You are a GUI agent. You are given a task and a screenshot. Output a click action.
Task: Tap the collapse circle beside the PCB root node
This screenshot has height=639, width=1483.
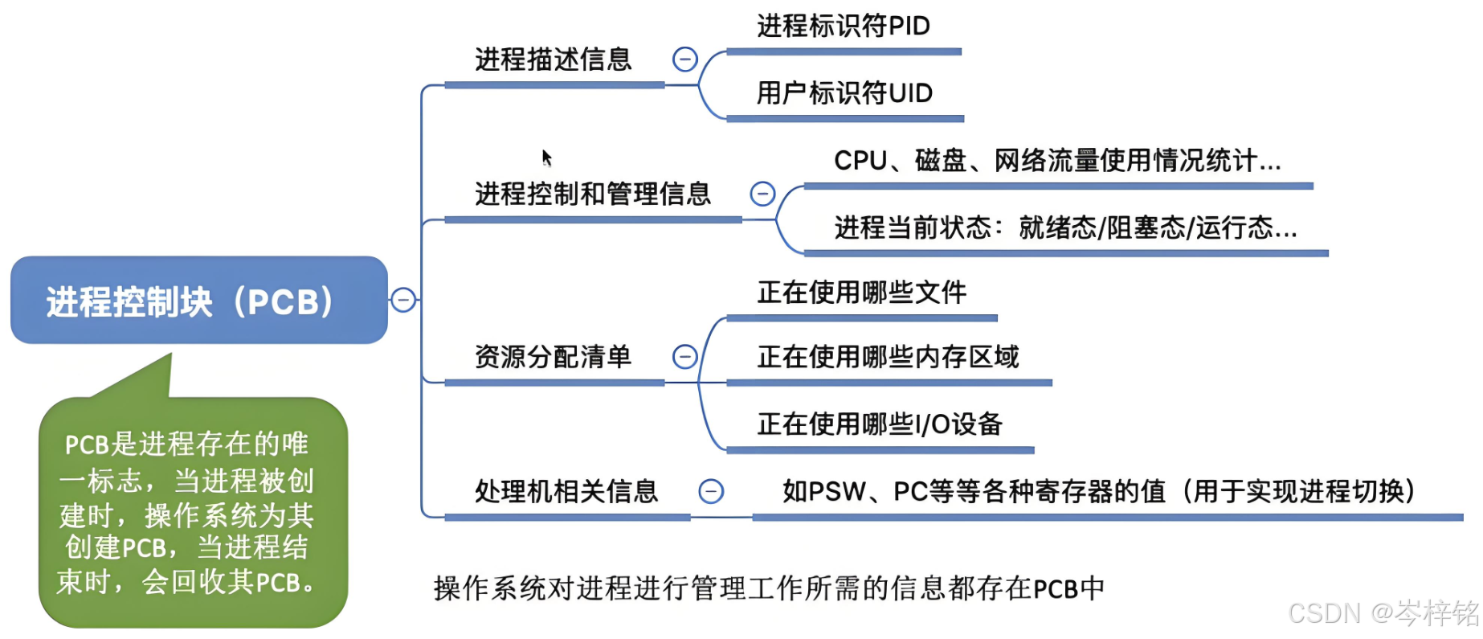(x=403, y=300)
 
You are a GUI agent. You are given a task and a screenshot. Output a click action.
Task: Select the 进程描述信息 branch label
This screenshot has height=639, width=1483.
(x=553, y=59)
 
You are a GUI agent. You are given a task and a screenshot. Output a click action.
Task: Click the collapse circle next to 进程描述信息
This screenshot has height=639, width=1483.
(x=684, y=59)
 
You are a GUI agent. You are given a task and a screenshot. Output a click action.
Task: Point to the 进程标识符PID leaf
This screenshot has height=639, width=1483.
(x=843, y=26)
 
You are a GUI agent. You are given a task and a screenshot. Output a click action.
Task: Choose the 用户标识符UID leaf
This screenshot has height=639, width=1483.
(x=844, y=93)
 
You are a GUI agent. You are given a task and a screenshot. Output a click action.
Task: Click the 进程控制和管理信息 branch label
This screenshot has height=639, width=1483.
(x=593, y=194)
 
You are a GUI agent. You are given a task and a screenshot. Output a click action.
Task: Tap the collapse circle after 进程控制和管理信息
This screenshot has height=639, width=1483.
(x=762, y=194)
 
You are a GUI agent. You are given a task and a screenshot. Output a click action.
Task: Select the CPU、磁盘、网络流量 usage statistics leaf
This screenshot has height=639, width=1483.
(x=1057, y=161)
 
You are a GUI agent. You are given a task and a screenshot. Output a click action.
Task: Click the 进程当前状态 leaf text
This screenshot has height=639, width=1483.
(x=1065, y=228)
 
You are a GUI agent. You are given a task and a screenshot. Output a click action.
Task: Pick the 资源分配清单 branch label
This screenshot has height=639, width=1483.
(x=553, y=356)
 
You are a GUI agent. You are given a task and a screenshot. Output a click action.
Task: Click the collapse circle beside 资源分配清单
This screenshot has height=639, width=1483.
(x=684, y=356)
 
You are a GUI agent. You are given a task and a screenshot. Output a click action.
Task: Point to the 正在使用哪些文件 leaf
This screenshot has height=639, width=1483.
(x=861, y=293)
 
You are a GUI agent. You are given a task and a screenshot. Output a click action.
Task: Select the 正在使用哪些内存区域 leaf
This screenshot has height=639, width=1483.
(x=888, y=356)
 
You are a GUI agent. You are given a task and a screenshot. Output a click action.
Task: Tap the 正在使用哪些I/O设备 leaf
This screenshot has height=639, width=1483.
(x=880, y=424)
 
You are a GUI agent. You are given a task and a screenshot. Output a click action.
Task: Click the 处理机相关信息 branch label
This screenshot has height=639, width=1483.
(x=566, y=491)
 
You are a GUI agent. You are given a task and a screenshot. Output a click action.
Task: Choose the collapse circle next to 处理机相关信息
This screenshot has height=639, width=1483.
(x=711, y=491)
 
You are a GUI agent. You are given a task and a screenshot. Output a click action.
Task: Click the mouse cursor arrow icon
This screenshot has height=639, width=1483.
(x=546, y=157)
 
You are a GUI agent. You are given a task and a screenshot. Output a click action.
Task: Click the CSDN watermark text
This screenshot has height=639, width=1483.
(x=1383, y=613)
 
